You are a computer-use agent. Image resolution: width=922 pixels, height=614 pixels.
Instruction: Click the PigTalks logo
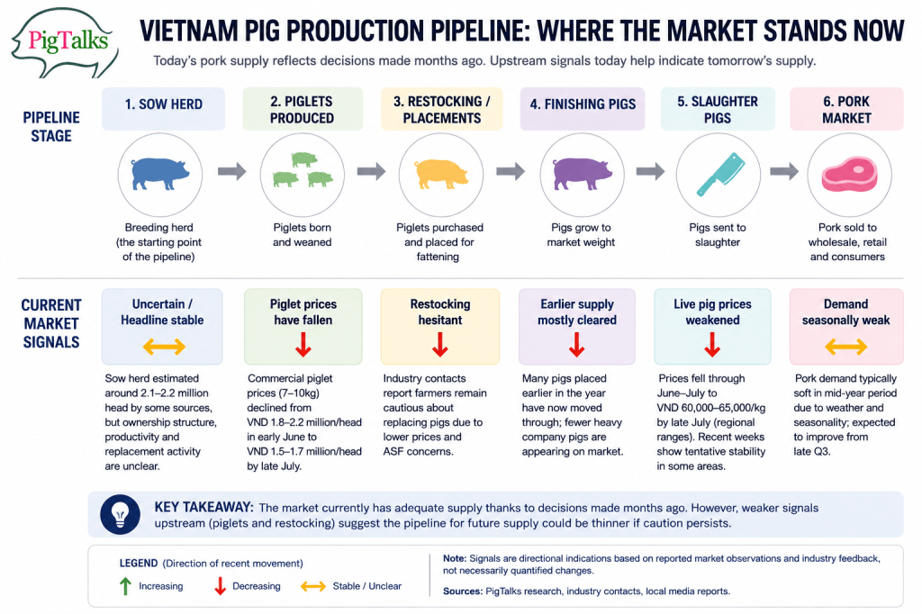click(65, 42)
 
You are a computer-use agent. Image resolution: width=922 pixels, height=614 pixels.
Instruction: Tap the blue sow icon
click(160, 174)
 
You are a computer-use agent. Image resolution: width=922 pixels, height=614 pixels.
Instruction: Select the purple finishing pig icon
click(583, 174)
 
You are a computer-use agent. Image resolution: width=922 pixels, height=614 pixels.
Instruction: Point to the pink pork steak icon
click(849, 175)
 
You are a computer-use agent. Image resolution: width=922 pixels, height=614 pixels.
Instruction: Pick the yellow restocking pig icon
click(441, 174)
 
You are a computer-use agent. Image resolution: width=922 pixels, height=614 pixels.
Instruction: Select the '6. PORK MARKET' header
click(846, 109)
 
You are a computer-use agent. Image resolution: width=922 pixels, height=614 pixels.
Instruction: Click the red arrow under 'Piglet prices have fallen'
click(303, 345)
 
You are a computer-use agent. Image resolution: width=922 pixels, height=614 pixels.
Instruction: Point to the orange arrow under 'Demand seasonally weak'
click(845, 347)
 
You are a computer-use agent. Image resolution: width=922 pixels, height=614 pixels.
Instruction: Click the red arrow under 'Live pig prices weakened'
click(712, 345)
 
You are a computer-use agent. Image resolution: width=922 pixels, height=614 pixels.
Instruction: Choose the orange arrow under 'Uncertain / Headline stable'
click(164, 347)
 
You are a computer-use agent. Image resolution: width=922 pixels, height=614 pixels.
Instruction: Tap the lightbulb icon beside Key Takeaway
click(121, 514)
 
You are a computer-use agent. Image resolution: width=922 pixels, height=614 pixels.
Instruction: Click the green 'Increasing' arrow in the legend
click(125, 586)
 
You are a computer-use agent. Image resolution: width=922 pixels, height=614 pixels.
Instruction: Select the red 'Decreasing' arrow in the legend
click(220, 586)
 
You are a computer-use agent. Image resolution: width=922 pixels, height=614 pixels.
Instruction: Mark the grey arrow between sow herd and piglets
click(231, 172)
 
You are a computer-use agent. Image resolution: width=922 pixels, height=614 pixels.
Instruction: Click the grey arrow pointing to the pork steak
click(784, 172)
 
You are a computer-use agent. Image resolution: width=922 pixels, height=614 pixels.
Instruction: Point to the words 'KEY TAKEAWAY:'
click(204, 507)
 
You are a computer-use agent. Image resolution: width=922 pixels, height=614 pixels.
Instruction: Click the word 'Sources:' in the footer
click(463, 591)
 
